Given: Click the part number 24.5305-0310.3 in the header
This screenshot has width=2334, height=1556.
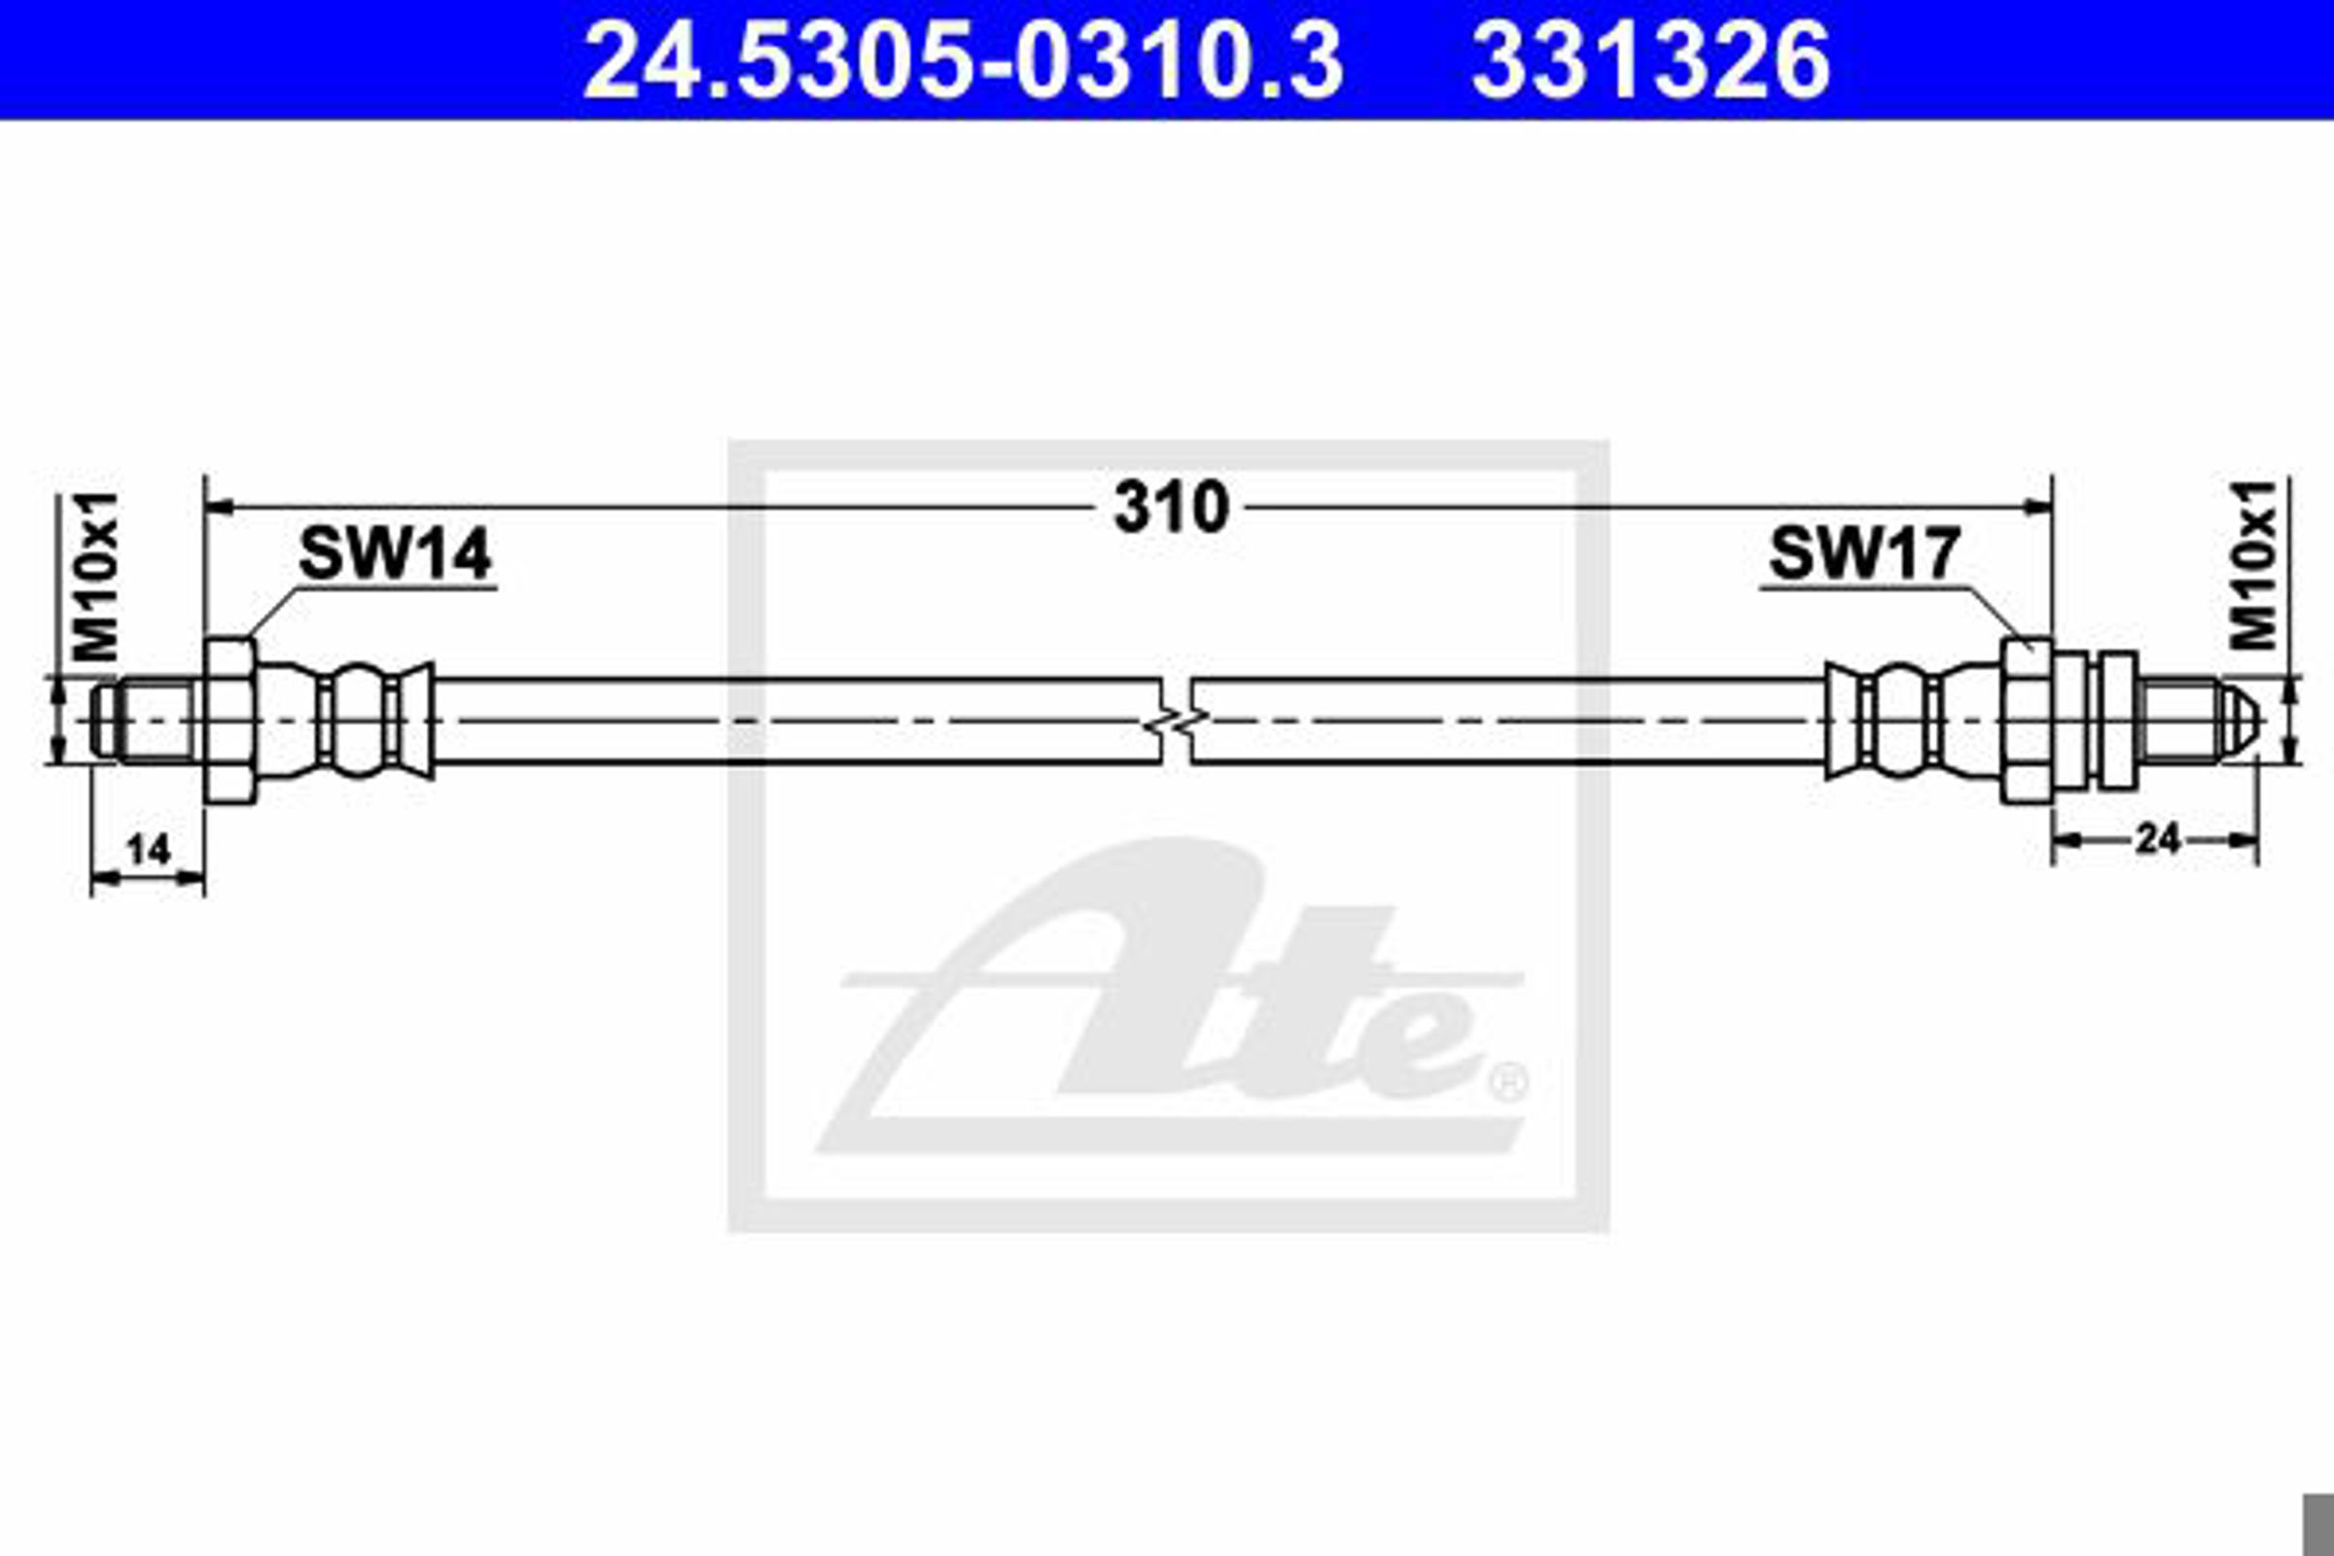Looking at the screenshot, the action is pyautogui.click(x=963, y=60).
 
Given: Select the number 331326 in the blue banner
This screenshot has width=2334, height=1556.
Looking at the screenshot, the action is pyautogui.click(x=1650, y=60).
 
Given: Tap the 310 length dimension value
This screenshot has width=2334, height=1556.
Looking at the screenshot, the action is pyautogui.click(x=1171, y=507).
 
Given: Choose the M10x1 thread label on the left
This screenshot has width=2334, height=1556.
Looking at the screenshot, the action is pyautogui.click(x=96, y=577).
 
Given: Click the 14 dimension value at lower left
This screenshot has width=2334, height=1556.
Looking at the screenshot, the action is pyautogui.click(x=149, y=849).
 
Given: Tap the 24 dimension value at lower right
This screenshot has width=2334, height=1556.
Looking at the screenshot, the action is pyautogui.click(x=2157, y=839).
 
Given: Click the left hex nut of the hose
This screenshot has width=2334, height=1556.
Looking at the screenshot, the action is pyautogui.click(x=231, y=721).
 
